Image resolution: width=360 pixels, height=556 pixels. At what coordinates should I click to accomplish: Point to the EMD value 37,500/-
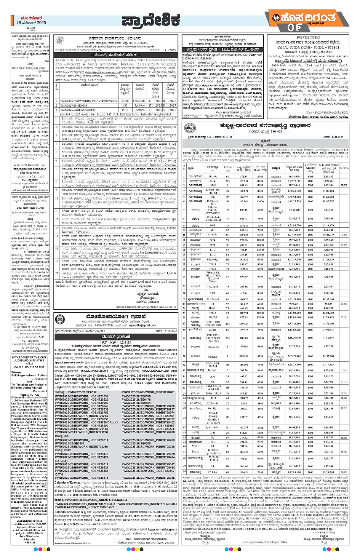tap(140, 110)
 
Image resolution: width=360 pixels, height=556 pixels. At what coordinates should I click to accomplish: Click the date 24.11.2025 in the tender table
tap(170, 110)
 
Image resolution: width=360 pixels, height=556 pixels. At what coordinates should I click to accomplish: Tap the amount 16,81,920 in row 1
tap(294, 176)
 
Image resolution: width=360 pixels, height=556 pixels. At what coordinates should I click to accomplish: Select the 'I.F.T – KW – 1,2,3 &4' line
tap(116, 343)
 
